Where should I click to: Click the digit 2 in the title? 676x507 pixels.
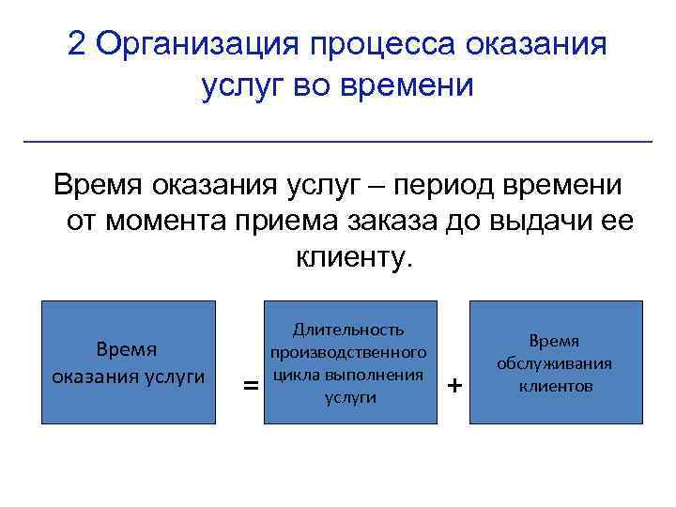78,44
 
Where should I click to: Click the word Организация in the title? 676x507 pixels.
195,44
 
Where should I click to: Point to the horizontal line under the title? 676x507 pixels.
337,141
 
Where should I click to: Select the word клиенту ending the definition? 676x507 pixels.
353,255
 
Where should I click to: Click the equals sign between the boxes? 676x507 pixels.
251,386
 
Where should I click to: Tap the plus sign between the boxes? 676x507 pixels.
455,386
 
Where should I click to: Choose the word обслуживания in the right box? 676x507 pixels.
555,364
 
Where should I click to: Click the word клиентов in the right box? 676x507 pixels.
555,386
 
